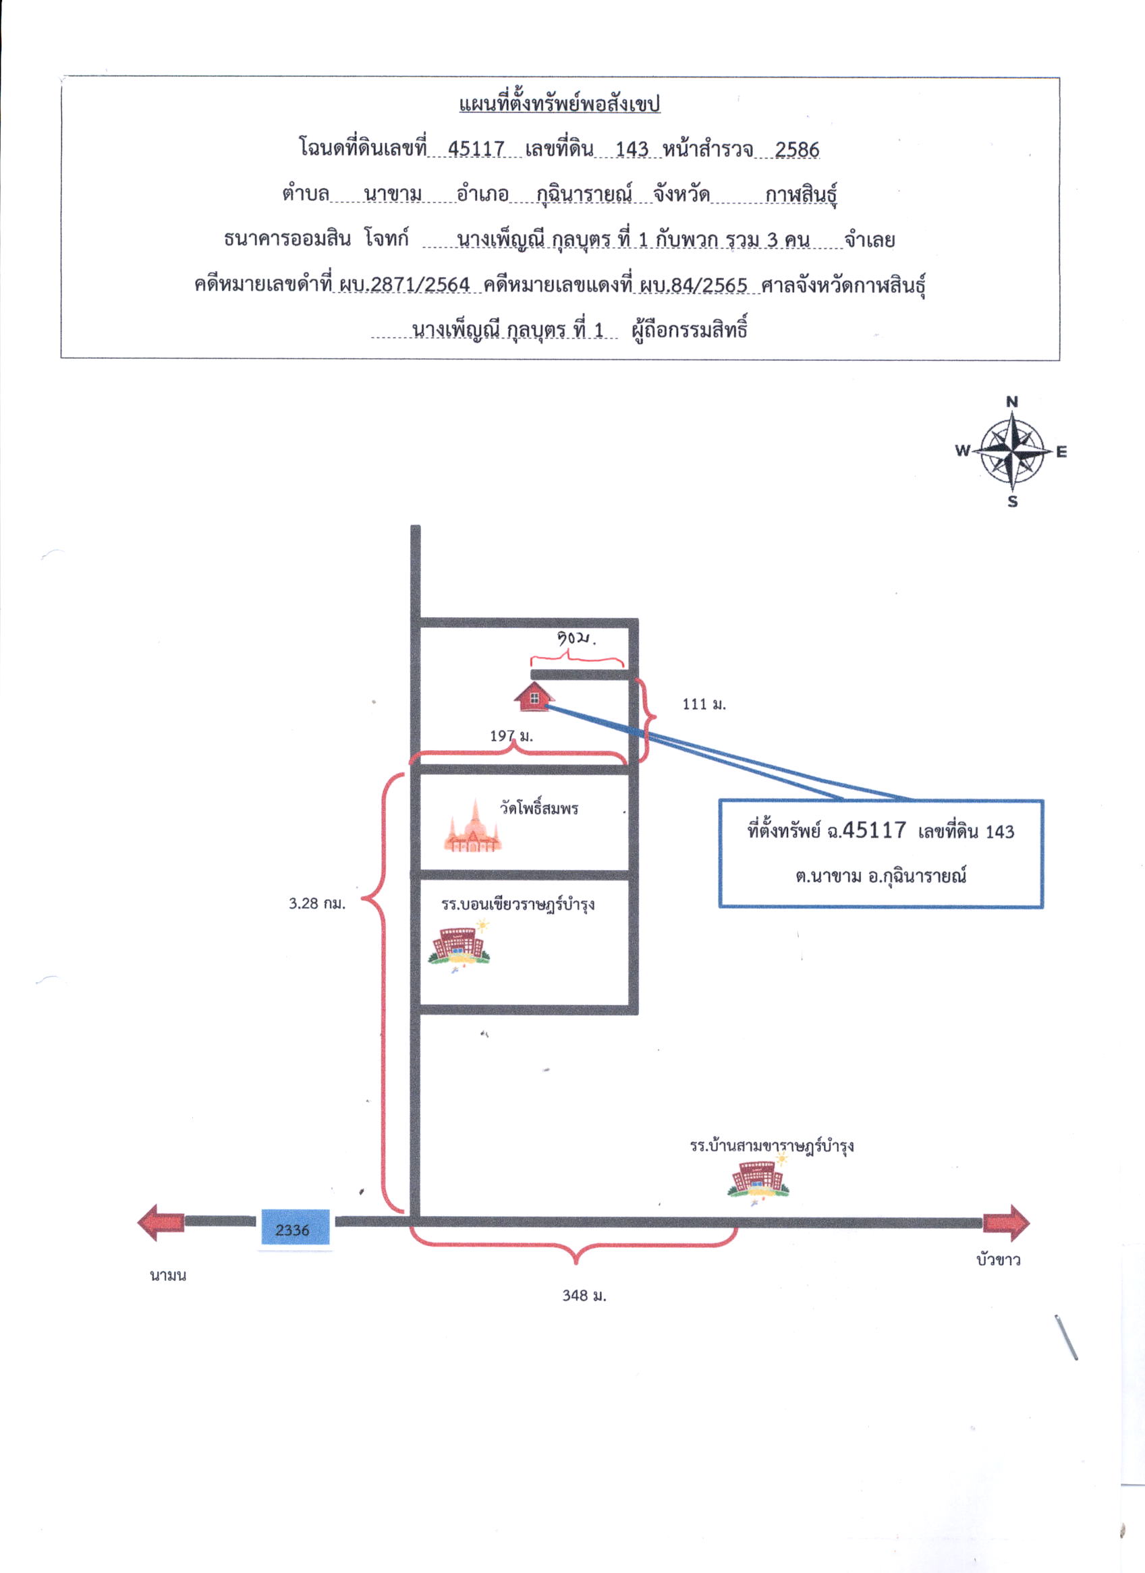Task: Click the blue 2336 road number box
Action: coord(295,1230)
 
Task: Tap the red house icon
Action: coord(534,696)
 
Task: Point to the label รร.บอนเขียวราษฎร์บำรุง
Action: coord(518,904)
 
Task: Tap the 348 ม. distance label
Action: coord(584,1296)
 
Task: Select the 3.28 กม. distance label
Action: coord(317,904)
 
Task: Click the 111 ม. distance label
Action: coord(704,704)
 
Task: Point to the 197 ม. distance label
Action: coord(511,736)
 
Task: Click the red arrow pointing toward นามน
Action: coord(161,1222)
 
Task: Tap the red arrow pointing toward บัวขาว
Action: coord(1006,1223)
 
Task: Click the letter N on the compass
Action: coord(1013,401)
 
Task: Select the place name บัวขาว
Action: coord(998,1259)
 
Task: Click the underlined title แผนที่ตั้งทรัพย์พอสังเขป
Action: coord(559,104)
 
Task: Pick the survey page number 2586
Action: coord(797,149)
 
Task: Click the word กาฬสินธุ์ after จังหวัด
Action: coord(802,195)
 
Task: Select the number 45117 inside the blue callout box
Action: coord(874,830)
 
